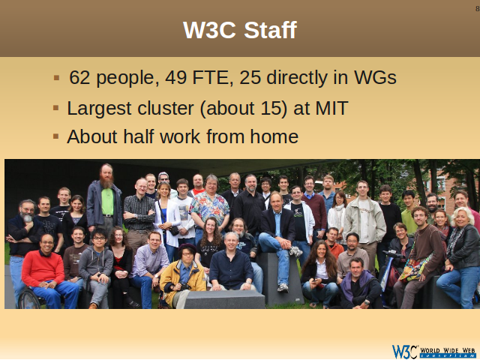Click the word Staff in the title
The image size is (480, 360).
(270, 30)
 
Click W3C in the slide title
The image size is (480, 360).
(209, 30)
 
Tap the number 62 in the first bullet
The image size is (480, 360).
(79, 77)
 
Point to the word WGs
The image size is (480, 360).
(375, 77)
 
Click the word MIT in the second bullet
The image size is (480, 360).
(331, 108)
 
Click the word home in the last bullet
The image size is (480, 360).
(274, 136)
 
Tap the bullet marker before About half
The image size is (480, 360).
(55, 136)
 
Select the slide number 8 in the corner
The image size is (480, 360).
(477, 8)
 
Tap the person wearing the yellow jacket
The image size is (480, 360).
(183, 274)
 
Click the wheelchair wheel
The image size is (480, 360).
(28, 298)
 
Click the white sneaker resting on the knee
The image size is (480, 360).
(295, 252)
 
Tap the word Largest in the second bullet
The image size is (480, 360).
(99, 109)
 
